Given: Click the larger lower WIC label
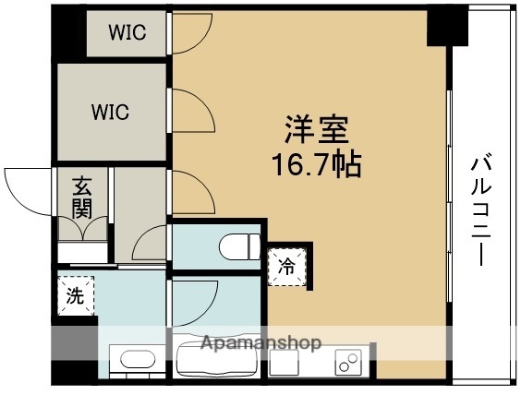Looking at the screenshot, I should point(110,113).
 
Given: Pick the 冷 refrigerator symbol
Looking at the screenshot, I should point(287,267).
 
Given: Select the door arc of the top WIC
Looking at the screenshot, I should point(189,35).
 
